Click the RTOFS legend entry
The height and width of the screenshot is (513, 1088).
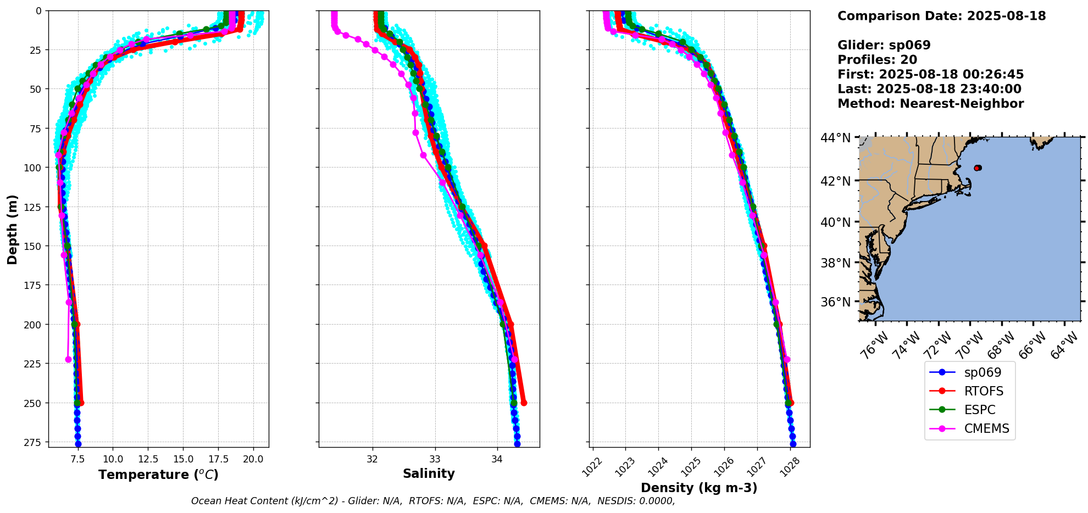983,391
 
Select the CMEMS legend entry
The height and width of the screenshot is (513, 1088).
986,428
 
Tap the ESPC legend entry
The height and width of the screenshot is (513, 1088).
979,410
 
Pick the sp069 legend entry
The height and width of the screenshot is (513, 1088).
982,372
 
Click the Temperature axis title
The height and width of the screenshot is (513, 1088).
158,475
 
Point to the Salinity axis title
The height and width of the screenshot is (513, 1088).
429,474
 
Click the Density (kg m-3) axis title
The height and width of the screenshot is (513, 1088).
699,488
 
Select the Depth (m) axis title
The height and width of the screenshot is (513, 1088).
12,230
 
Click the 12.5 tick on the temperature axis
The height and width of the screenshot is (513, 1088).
148,459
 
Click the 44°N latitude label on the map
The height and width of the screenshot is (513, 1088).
835,138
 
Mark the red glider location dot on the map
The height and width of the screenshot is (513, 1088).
977,168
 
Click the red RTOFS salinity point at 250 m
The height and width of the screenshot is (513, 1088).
524,403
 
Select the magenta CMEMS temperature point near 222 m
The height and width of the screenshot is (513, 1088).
68,360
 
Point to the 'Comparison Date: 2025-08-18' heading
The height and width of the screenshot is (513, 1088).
941,16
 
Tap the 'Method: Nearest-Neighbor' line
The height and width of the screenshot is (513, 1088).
930,104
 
